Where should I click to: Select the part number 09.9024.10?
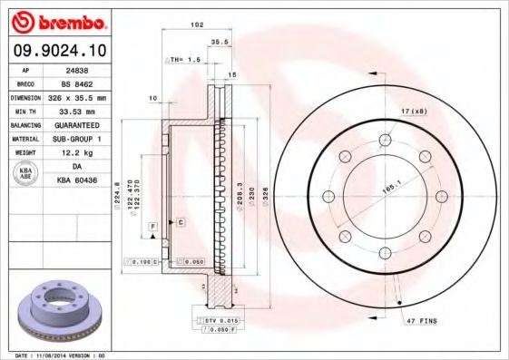(x=56, y=51)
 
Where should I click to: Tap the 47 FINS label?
(x=420, y=321)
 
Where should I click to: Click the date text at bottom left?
(x=55, y=355)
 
